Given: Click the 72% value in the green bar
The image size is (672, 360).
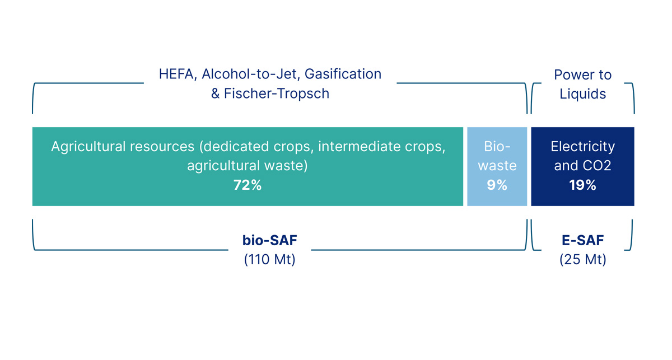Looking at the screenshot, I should click(248, 185).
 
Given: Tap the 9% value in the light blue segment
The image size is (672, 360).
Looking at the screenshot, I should click(497, 185).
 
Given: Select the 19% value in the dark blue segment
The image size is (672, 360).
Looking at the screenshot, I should click(582, 185).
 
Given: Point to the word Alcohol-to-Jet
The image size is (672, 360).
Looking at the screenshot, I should click(250, 74).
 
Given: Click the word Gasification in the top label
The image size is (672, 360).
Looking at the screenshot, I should click(343, 74).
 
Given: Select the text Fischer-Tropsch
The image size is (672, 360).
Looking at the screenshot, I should click(277, 93).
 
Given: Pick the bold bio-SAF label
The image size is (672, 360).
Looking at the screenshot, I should click(269, 240).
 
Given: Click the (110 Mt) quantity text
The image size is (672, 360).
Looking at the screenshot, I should click(269, 260).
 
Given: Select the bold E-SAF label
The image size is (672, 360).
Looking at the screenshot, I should click(582, 240).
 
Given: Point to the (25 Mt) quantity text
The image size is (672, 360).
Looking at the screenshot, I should click(582, 260).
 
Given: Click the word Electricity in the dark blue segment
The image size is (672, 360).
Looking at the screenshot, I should click(582, 147).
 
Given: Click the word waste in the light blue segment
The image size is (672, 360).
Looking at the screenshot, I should click(497, 166).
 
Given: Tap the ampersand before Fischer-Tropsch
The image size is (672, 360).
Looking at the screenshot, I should click(216, 93).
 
